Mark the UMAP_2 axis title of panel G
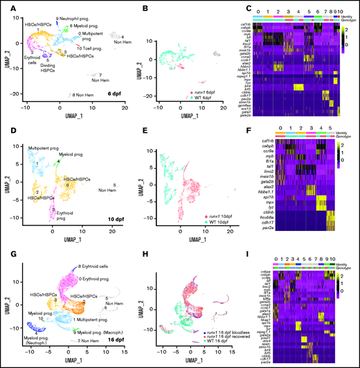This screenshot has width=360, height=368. coord(7,308)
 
